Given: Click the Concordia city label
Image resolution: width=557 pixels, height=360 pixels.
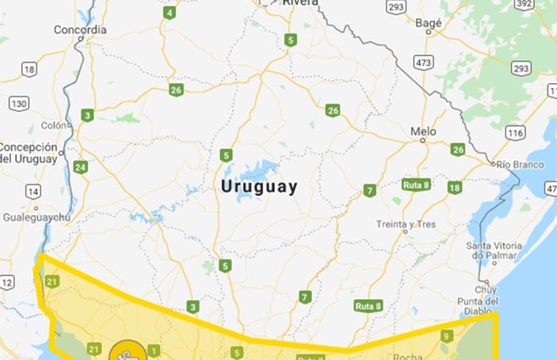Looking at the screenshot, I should point(80,30).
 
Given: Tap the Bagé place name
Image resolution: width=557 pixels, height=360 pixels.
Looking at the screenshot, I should point(428,25).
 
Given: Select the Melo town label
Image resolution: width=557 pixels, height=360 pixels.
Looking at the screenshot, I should point(423,131).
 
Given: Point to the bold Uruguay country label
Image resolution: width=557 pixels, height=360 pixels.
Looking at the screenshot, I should point(258,187).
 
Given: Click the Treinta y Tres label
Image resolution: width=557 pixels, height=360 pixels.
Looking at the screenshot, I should point(406,224).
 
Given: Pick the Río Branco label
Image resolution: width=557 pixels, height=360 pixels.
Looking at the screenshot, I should point(520,163).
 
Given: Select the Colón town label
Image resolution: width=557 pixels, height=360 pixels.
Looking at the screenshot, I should point(53,125).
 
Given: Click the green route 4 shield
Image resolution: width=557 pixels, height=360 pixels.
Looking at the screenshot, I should point(170,13).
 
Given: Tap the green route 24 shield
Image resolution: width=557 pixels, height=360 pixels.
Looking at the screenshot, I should point(80,167).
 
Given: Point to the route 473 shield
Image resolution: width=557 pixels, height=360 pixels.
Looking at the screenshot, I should point(422,63).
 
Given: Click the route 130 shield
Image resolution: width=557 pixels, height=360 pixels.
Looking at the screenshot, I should point(19,103).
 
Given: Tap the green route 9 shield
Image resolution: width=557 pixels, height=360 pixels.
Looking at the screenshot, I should point(446,335).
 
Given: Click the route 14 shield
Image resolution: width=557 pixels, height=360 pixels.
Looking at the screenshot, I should point(32,191).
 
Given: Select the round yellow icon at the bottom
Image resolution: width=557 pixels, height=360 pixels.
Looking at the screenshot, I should point(126,352).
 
